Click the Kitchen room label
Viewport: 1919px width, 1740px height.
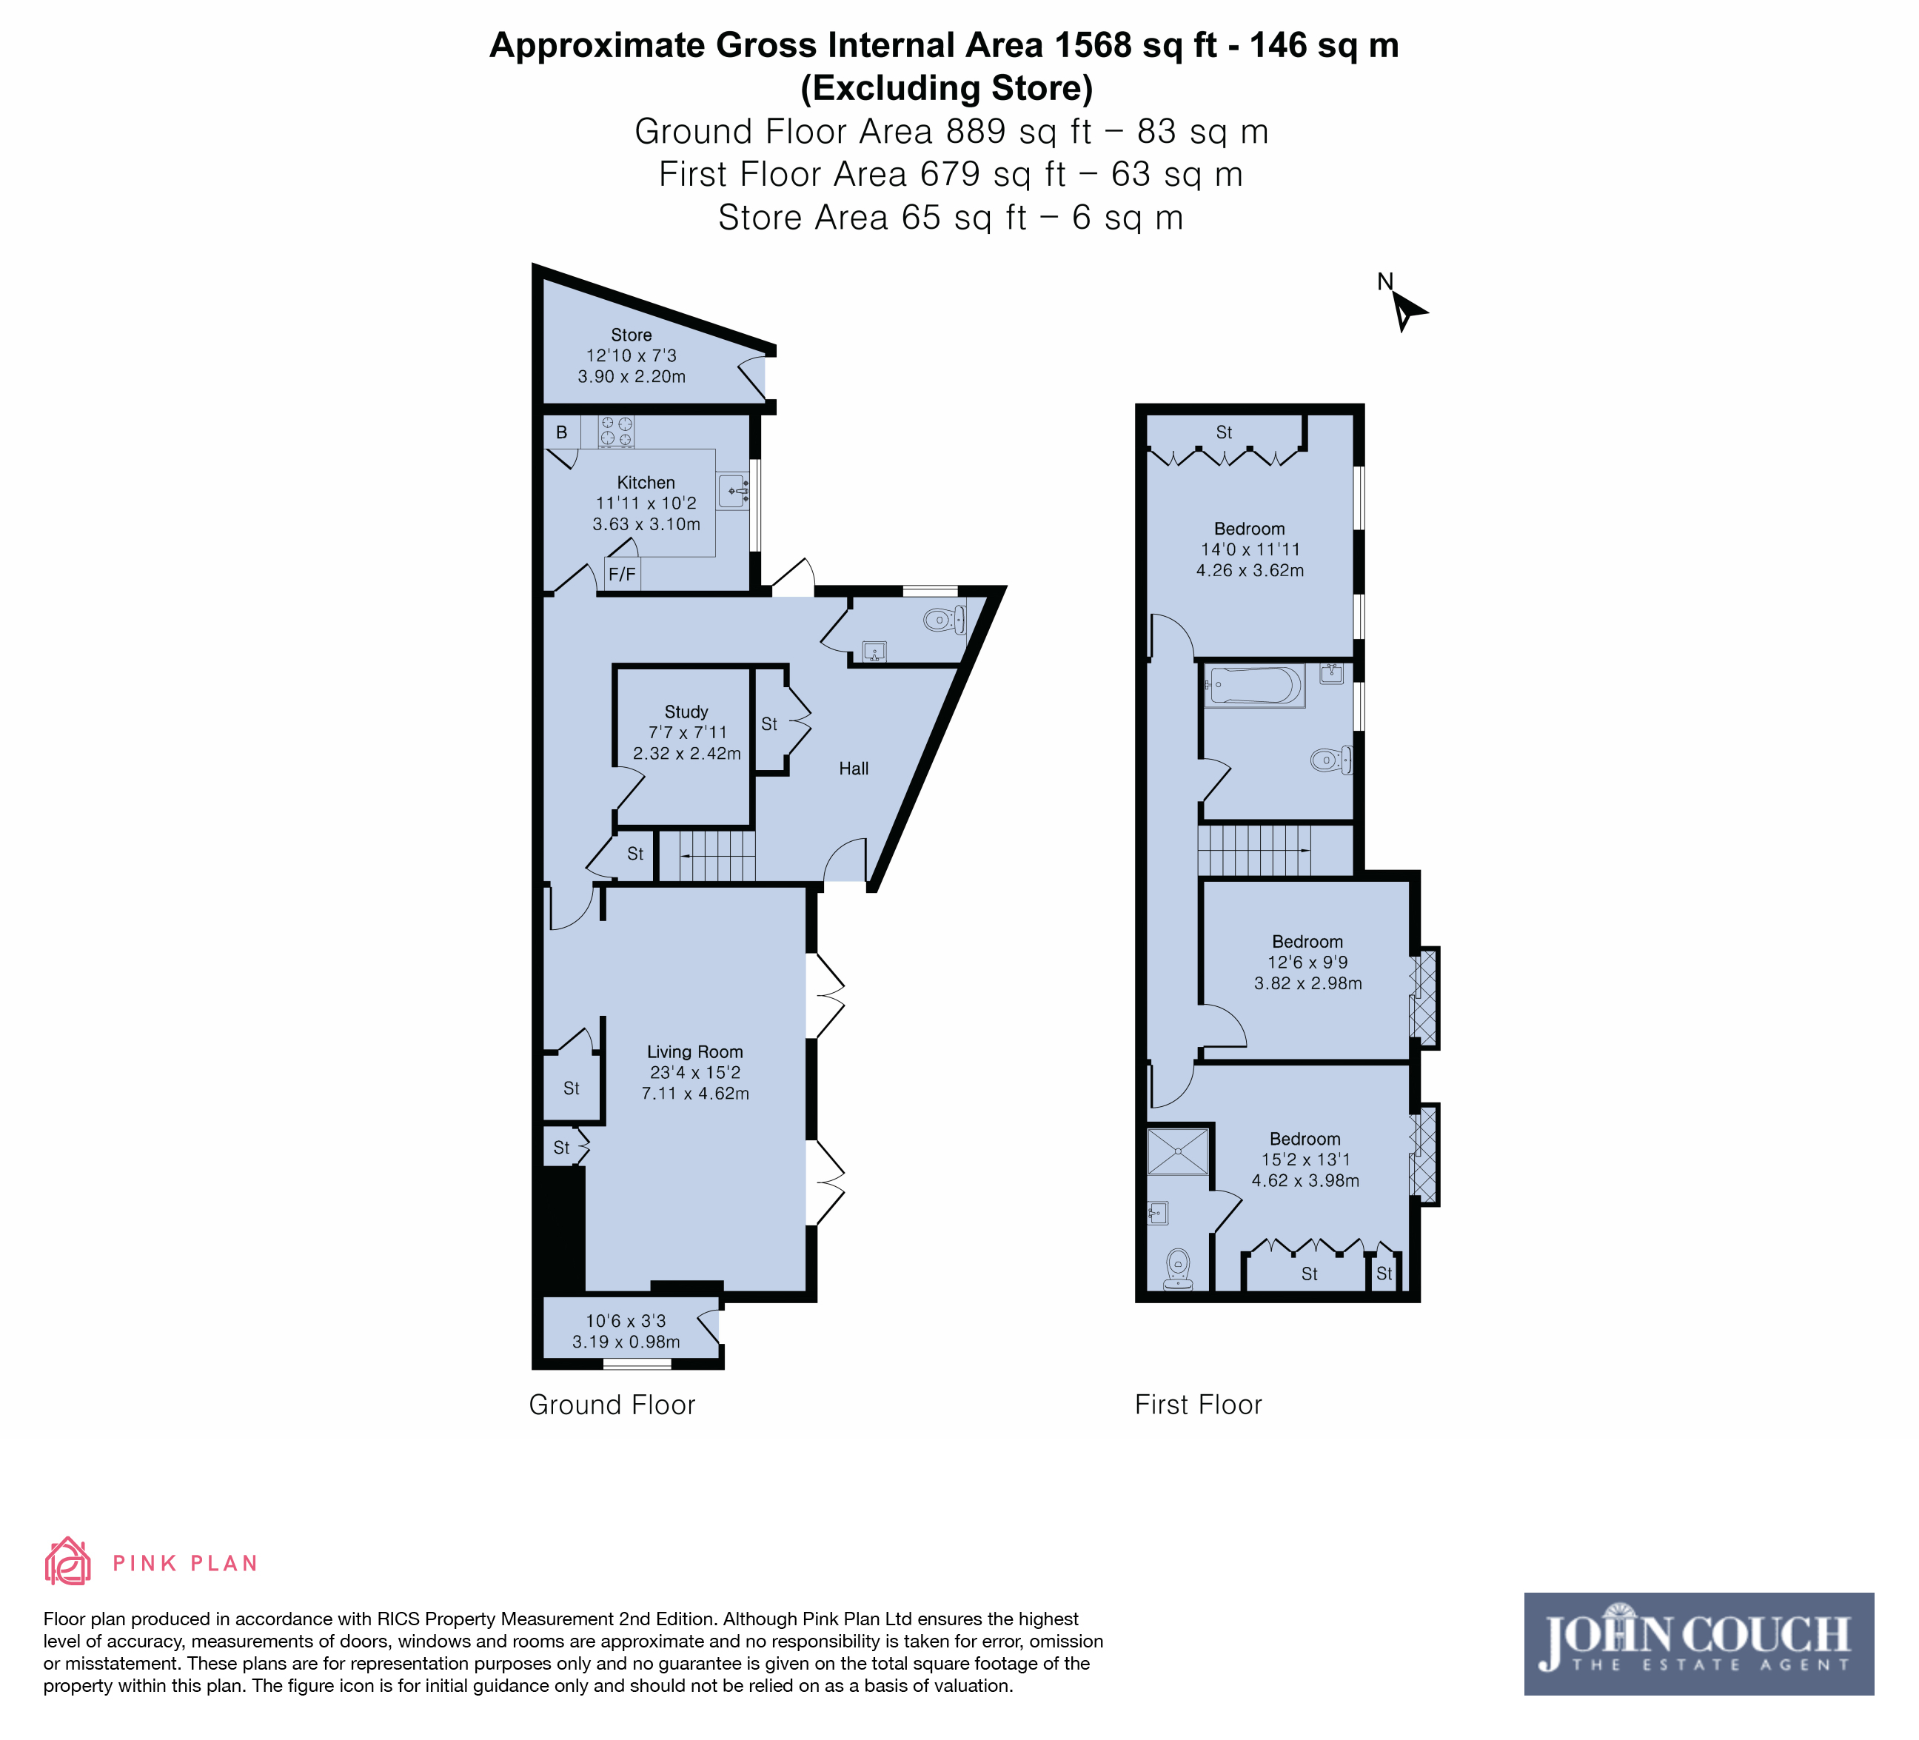click(x=646, y=483)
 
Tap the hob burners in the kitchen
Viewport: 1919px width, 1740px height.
click(x=616, y=432)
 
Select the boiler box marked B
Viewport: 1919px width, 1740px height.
click(x=562, y=432)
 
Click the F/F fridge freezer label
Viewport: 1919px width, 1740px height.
click(x=622, y=574)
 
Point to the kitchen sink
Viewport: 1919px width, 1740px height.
click(x=733, y=491)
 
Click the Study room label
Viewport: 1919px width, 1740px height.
click(x=686, y=712)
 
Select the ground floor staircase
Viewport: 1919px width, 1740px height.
click(x=707, y=856)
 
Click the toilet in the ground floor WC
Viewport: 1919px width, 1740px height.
click(x=944, y=620)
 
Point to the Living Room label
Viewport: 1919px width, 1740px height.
click(x=695, y=1052)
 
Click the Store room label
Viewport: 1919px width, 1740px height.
click(x=631, y=335)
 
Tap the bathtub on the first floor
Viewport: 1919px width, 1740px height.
click(x=1253, y=686)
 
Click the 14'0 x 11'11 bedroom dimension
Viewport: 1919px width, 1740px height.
click(x=1250, y=549)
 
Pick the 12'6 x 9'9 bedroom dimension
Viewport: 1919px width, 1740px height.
click(x=1308, y=963)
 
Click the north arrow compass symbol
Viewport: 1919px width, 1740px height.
click(x=1404, y=307)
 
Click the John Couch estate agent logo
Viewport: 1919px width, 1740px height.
click(x=1698, y=1644)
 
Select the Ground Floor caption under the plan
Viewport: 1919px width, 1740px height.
click(x=612, y=1405)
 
